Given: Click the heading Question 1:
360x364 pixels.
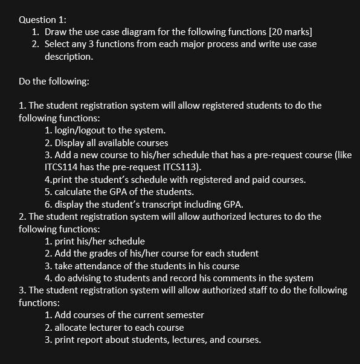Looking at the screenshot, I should click(43, 19).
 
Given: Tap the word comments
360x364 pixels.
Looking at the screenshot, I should click(217, 278).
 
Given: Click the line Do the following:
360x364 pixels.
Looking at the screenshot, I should click(54, 81).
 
